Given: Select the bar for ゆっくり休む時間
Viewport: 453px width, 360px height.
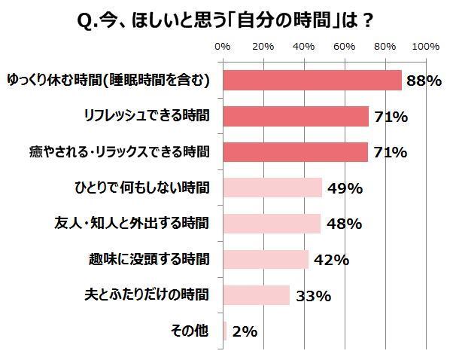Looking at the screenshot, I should click(x=312, y=80).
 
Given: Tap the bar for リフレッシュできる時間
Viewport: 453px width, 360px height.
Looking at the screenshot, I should click(x=296, y=116).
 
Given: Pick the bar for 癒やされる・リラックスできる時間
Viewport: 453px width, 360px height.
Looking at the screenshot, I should click(x=296, y=152).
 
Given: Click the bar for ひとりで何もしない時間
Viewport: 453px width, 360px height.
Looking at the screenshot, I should click(x=272, y=188).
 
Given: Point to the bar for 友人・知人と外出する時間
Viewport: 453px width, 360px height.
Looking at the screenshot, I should click(x=272, y=224).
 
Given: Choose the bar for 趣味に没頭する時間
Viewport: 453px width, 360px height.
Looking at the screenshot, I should click(x=266, y=260).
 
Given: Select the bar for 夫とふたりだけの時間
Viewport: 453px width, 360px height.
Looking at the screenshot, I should click(x=257, y=295).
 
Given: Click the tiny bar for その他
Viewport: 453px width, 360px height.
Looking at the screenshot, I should click(x=225, y=331).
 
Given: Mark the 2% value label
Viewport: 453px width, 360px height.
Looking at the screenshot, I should click(x=245, y=332).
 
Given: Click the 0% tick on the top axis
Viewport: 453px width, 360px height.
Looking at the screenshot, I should click(x=223, y=47).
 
